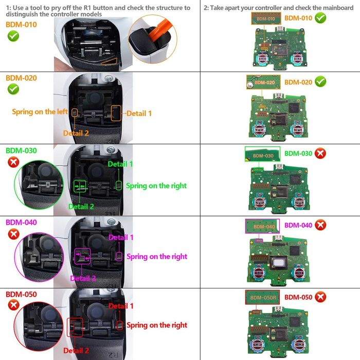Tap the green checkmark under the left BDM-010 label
pos(13,37)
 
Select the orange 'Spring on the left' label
pos(40,112)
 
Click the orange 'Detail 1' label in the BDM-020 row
pos(139,113)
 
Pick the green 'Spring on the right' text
pos(156,186)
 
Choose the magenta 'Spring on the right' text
pos(156,256)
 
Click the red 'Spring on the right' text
pos(156,325)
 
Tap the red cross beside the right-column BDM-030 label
pos(320,153)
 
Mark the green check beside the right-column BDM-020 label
pos(320,82)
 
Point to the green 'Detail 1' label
pos(120,164)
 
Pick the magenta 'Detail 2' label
pos(83,278)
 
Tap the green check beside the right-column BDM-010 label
pos(320,18)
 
